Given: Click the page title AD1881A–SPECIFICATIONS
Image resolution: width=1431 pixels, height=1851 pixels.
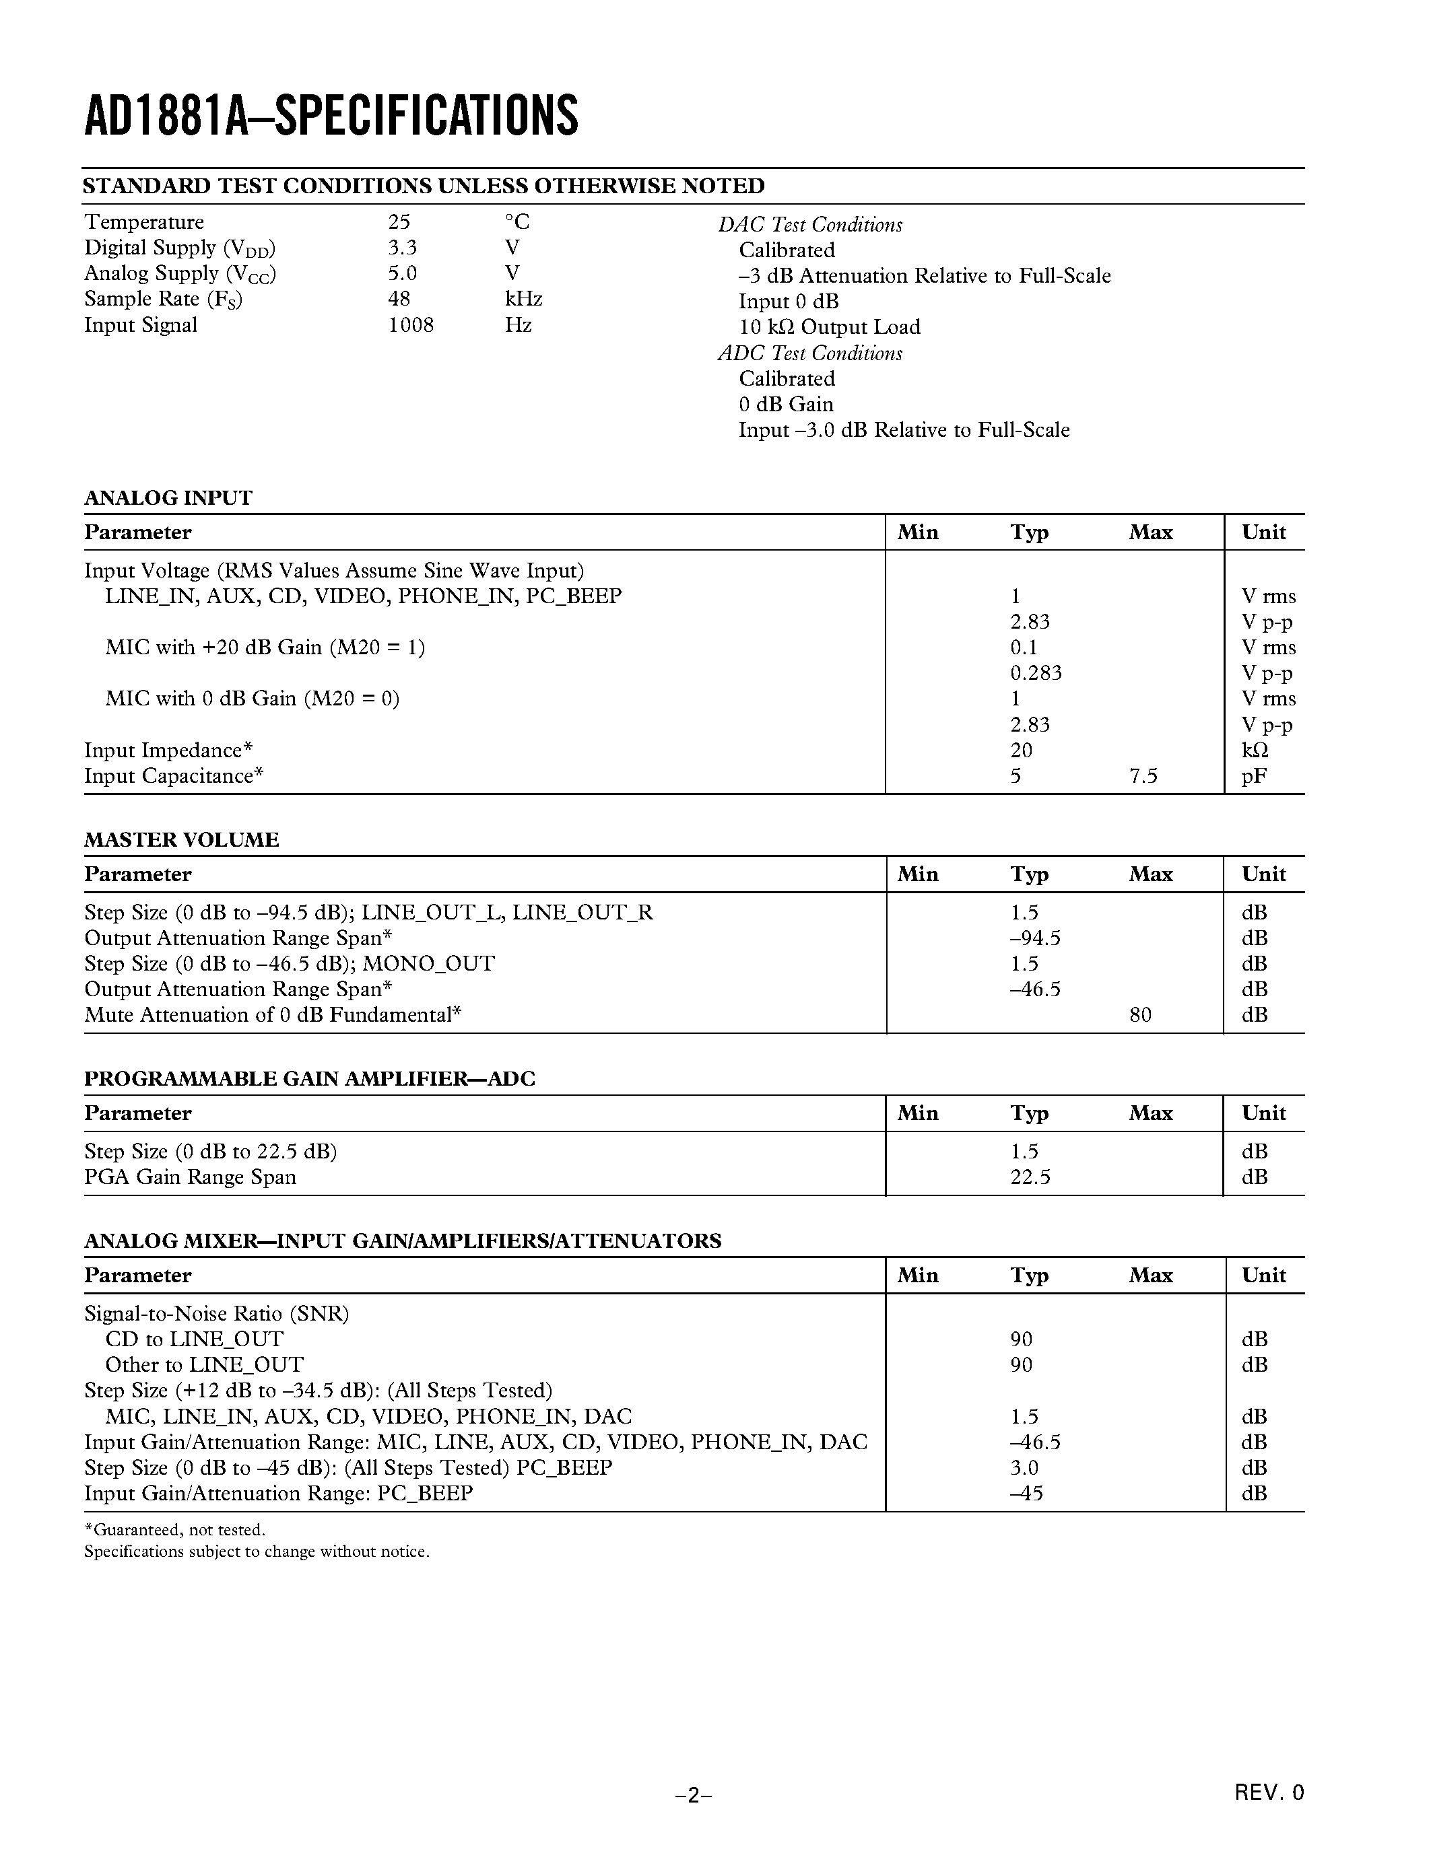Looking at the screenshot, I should pos(331,116).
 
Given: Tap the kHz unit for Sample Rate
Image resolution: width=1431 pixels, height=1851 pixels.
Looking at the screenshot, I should pos(523,299).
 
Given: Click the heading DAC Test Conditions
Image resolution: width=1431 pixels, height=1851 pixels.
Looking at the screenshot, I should pos(809,225).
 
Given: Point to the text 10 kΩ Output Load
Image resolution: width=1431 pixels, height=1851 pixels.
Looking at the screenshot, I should pos(828,327).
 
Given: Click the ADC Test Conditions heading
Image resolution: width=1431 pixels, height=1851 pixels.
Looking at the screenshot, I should pos(809,353).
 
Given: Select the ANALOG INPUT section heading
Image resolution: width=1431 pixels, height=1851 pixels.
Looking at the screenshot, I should pos(168,498).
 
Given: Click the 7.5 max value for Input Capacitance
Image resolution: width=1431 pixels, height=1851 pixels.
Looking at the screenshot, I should pos(1143,776).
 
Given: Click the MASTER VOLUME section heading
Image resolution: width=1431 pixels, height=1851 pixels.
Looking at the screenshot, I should pos(181,840).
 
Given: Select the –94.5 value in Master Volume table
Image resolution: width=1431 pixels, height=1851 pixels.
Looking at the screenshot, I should pos(1034,938).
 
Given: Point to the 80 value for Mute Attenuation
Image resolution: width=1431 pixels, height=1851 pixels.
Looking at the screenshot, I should pos(1140,1015).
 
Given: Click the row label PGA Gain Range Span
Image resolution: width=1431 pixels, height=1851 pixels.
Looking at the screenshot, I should pos(190,1177).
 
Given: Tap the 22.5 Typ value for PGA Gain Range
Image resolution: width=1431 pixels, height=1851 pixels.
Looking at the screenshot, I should pos(1030,1177).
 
